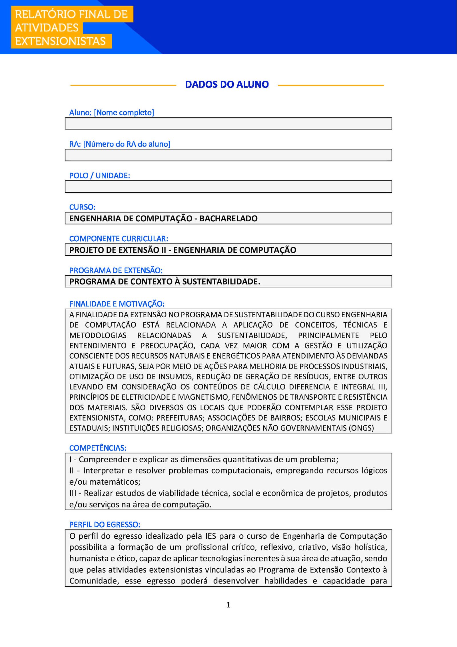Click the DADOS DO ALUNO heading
(227, 84)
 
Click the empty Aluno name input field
(228, 124)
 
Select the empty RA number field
(228, 155)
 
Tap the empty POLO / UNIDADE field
(228, 187)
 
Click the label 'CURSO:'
(82, 207)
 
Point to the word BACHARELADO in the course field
(228, 218)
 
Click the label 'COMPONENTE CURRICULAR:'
(119, 238)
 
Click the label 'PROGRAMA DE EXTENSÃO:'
(116, 270)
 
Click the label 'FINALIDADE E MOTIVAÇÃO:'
(117, 304)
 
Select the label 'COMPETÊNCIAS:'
(98, 448)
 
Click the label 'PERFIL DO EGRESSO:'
(105, 525)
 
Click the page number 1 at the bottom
(228, 605)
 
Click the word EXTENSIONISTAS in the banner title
(60, 41)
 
